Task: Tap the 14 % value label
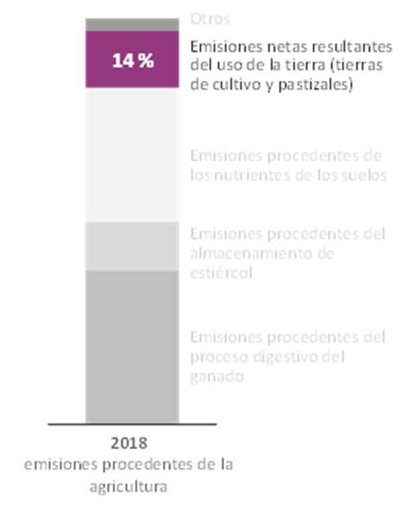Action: click(132, 60)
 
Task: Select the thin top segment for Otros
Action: click(132, 24)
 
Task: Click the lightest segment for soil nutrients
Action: click(132, 154)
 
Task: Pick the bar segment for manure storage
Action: click(132, 246)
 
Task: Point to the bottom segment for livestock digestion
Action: click(132, 346)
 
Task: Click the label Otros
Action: click(210, 19)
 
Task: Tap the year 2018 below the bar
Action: click(128, 444)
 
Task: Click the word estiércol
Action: click(220, 273)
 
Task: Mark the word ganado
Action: click(216, 376)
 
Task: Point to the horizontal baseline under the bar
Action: click(132, 424)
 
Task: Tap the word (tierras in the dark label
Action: click(364, 66)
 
